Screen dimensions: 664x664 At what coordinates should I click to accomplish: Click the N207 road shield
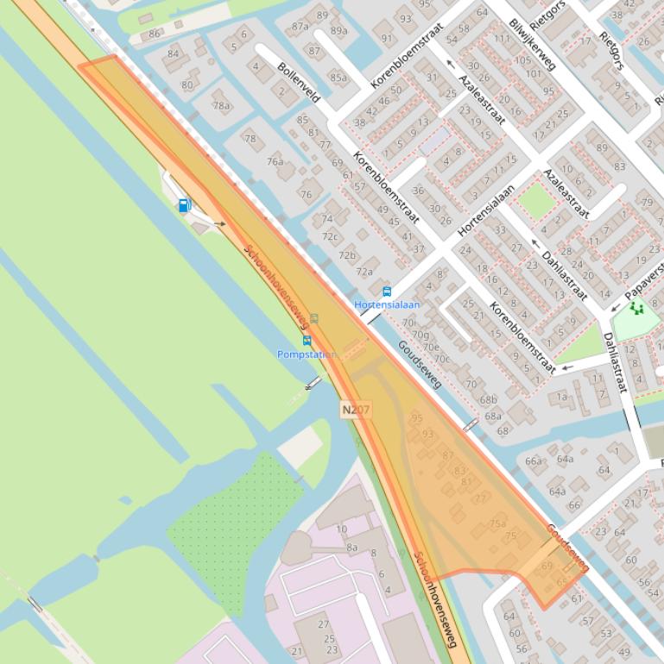(355, 410)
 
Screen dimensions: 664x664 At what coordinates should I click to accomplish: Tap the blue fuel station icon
(184, 205)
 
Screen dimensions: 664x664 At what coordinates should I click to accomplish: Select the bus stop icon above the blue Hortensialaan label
(386, 292)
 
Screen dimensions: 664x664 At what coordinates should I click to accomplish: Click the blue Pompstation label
(307, 354)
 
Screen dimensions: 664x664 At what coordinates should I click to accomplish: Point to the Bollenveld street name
(299, 82)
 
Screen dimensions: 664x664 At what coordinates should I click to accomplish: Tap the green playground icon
(637, 307)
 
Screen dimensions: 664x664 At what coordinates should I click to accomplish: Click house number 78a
(222, 106)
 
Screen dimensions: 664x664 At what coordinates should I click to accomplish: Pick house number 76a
(275, 161)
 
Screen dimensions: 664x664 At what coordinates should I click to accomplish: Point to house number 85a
(337, 78)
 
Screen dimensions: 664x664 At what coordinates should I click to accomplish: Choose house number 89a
(338, 31)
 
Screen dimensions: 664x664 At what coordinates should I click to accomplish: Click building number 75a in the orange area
(497, 523)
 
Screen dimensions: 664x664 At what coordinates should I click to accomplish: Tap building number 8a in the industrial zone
(351, 547)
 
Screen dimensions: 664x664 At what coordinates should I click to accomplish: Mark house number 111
(502, 39)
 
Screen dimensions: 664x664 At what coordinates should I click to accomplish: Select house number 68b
(489, 399)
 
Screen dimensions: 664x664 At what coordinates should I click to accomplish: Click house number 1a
(562, 397)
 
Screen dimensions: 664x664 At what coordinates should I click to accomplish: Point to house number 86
(155, 34)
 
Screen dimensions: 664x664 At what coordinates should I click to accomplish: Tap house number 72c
(330, 236)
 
